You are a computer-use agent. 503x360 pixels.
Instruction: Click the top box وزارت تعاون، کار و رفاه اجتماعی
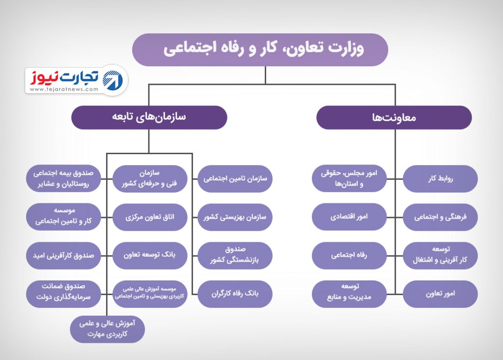coord(260,50)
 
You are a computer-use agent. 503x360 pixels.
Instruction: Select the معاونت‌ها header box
coord(394,117)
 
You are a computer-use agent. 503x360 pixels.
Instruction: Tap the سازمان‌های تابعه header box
coord(149,117)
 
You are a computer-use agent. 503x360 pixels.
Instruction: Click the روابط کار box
coord(440,179)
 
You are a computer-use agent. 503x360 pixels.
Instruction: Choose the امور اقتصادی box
coord(349,217)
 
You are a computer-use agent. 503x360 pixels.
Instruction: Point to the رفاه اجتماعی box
coord(349,255)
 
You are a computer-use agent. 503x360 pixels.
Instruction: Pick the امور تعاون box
coord(440,294)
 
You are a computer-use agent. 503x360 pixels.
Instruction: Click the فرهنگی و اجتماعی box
coord(440,217)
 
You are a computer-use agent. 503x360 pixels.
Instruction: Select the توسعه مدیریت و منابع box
coord(349,294)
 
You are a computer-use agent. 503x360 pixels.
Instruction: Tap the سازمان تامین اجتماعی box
coord(235,179)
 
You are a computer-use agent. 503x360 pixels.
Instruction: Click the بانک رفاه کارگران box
coord(235,294)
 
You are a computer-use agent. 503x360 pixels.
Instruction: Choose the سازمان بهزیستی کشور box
coord(235,217)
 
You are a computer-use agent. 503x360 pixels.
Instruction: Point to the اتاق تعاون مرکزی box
coord(150,217)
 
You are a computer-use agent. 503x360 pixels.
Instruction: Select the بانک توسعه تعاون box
coord(150,255)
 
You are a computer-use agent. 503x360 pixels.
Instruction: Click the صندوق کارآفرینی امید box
coord(63,255)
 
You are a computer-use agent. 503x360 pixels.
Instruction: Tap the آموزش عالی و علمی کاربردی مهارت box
coord(108,329)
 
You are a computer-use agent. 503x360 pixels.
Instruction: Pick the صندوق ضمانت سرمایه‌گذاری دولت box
coord(63,294)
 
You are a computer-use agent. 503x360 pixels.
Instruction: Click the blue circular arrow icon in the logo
coord(112,80)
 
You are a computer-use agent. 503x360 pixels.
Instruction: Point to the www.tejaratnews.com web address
coord(64,89)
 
